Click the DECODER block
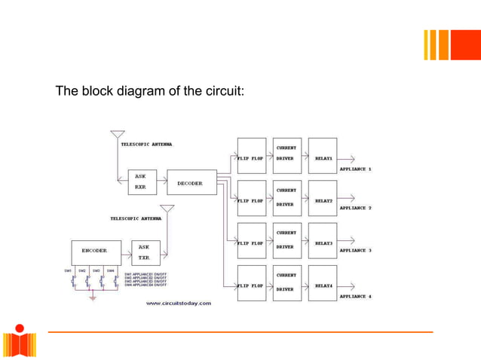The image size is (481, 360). pos(189,183)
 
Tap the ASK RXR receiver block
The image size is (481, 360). pos(140,180)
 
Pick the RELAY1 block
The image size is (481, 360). pos(323,156)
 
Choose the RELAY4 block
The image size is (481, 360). pos(323,282)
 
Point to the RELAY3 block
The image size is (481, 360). pos(323,240)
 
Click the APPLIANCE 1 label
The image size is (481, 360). pos(355,169)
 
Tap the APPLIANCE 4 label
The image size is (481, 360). pos(355,297)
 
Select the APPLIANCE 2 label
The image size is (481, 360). pos(355,208)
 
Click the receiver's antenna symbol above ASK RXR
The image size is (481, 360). pos(117,136)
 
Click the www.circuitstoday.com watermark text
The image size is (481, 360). pos(179,304)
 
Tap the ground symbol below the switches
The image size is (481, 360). pos(93,297)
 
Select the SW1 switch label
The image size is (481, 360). pos(68,270)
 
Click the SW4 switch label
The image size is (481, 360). pos(110,270)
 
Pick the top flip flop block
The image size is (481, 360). pos(252,156)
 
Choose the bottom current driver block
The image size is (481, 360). pos(287,282)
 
